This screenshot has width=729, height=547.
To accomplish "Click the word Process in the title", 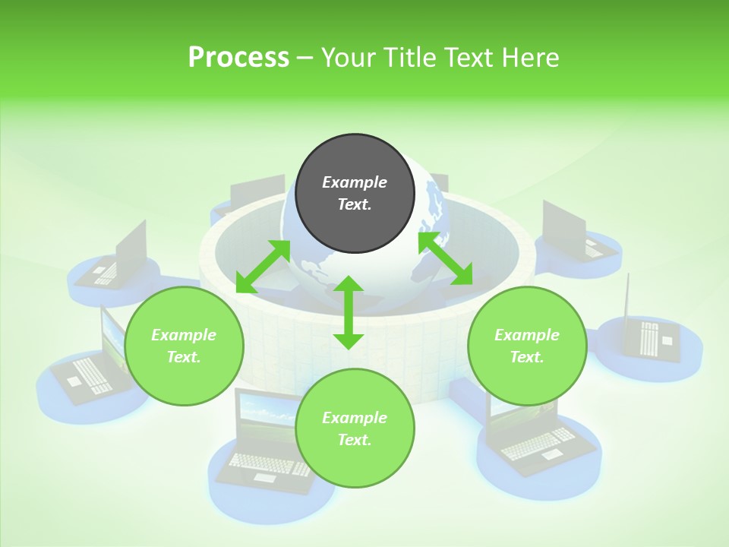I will [238, 58].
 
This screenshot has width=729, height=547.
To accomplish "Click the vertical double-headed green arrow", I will [349, 312].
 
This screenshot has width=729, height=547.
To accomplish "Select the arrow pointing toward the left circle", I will [263, 266].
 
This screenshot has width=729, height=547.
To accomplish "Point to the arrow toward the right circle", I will [446, 259].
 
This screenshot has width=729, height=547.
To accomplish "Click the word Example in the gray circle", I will [355, 182].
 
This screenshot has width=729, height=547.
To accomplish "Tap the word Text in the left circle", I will [183, 357].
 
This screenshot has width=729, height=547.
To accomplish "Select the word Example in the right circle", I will [527, 335].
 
